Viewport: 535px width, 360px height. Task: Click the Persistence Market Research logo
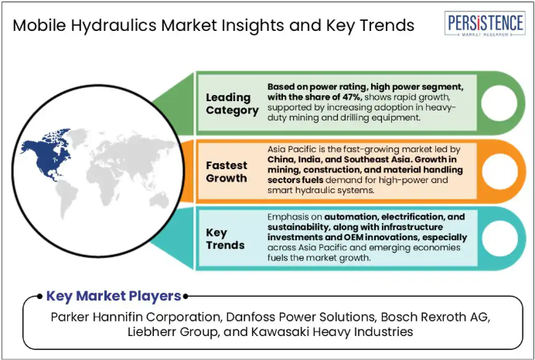coord(485,23)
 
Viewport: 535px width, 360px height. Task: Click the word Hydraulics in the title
coord(114,26)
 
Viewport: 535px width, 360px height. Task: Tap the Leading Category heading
coord(232,104)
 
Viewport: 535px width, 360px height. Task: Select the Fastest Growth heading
coord(227,172)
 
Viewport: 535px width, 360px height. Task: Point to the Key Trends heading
coord(225,239)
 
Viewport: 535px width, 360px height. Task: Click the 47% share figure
coord(351,97)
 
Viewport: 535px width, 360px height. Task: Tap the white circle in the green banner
coord(499,103)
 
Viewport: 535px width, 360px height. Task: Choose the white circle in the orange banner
coord(499,172)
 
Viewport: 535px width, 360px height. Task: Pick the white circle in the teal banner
coord(499,238)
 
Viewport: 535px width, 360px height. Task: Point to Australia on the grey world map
coord(159,200)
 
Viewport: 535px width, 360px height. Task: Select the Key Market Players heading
coord(114,296)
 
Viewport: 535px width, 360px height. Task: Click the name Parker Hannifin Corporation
coord(135,317)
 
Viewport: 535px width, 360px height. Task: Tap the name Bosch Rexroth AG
coord(435,317)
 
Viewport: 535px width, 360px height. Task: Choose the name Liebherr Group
coord(172,331)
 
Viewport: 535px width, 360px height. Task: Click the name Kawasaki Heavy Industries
coord(332,331)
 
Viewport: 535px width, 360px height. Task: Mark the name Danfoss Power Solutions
coord(300,317)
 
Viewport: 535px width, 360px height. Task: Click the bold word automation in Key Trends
coord(350,217)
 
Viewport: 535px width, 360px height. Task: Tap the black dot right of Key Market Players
coord(186,297)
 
